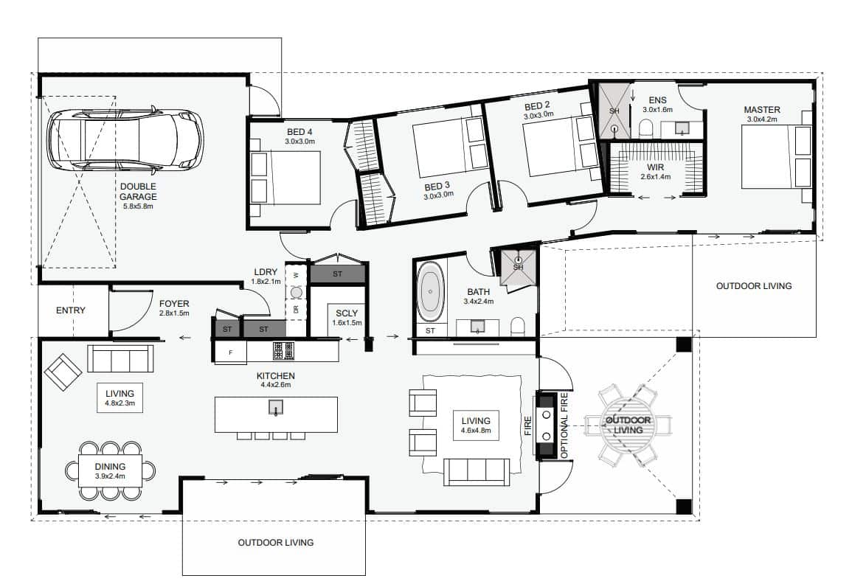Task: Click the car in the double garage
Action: (125, 139)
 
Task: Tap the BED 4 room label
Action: (299, 132)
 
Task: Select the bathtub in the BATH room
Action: (430, 292)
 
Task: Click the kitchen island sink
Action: (276, 407)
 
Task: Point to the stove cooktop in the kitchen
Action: (283, 351)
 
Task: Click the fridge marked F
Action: (230, 352)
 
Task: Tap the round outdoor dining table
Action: (628, 425)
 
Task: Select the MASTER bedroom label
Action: (762, 110)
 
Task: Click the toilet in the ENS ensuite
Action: (645, 128)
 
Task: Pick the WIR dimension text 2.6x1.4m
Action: (655, 176)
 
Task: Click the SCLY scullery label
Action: (347, 313)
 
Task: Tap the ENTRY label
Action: (71, 310)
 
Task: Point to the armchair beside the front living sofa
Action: (63, 372)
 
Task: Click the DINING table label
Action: (111, 466)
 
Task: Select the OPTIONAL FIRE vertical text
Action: (564, 425)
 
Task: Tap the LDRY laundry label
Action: (266, 271)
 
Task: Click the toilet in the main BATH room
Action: (519, 327)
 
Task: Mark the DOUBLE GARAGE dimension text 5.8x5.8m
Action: (138, 206)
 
